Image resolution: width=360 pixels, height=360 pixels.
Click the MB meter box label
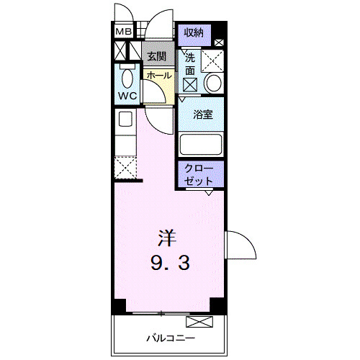(123, 32)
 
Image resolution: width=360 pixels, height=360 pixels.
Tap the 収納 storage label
(194, 32)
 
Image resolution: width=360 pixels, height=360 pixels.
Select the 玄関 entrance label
(156, 57)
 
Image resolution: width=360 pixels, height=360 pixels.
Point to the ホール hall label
(159, 76)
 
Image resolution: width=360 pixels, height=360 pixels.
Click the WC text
(127, 96)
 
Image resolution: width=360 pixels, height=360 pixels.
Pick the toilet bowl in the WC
(127, 78)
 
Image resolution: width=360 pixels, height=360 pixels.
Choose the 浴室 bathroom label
(203, 114)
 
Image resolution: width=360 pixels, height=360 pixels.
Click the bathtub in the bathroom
(201, 145)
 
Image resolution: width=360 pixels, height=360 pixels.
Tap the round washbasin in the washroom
(213, 83)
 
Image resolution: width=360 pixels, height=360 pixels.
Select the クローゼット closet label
(199, 174)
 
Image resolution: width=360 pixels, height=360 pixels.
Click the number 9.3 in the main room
(170, 263)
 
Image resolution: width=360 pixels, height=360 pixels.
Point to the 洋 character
(167, 238)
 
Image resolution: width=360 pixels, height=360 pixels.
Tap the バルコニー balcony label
(171, 338)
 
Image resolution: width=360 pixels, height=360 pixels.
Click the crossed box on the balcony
(199, 322)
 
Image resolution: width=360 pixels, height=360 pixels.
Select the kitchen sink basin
(125, 119)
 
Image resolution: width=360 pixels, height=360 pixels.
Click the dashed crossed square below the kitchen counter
(125, 167)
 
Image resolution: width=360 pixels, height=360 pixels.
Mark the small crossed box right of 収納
(219, 43)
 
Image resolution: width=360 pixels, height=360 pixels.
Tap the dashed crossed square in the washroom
(212, 61)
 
